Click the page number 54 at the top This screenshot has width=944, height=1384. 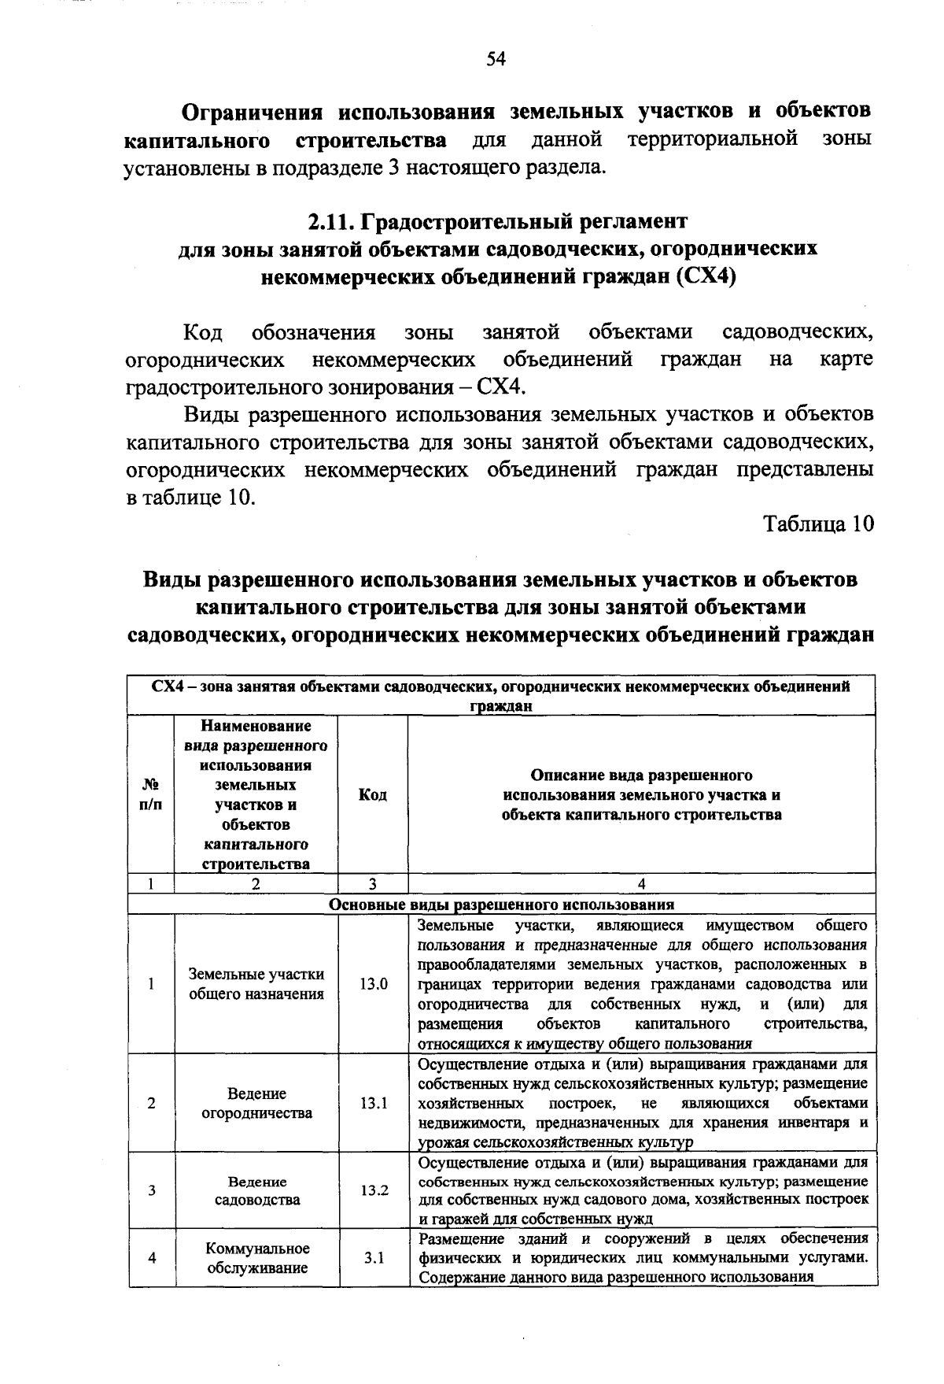pos(495,60)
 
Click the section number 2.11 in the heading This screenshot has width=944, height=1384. pos(329,221)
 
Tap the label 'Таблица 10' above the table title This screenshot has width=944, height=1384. pos(818,525)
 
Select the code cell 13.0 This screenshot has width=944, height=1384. pos(373,984)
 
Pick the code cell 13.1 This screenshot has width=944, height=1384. pos(373,1103)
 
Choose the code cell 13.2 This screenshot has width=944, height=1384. pos(374,1190)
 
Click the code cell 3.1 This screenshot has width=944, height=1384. pos(374,1257)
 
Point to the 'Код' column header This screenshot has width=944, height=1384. pos(372,795)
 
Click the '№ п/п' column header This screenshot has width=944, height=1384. pos(150,795)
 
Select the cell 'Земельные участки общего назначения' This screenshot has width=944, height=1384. pos(256,984)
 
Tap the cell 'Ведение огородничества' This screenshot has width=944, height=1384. pos(256,1103)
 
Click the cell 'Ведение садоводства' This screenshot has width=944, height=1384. pos(256,1190)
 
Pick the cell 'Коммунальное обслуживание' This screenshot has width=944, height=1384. pos(256,1257)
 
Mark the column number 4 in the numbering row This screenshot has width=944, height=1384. pos(642,883)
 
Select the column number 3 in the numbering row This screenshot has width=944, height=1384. pos(373,883)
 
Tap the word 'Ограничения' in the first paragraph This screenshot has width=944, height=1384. pos(252,111)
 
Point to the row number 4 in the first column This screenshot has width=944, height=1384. pos(151,1257)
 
